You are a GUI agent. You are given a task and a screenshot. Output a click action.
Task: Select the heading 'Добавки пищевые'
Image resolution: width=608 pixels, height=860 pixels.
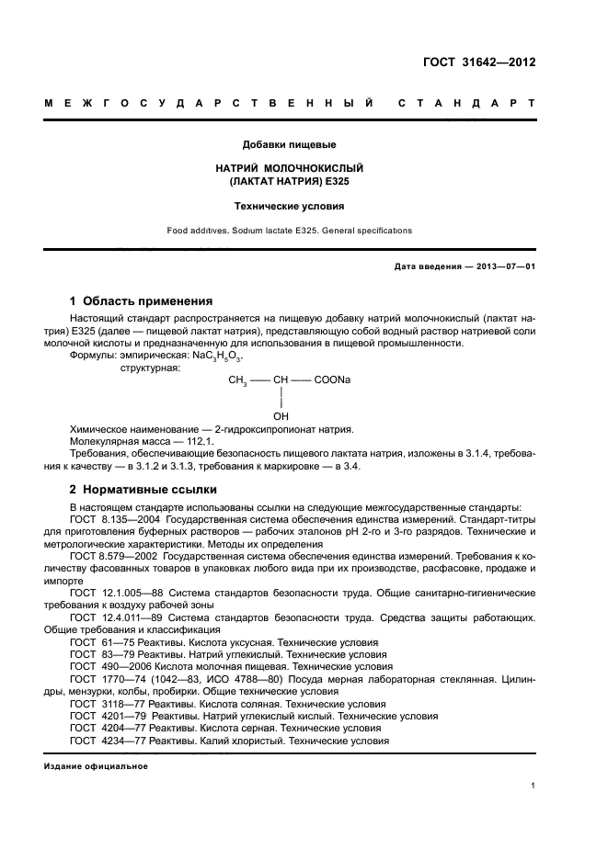(289, 144)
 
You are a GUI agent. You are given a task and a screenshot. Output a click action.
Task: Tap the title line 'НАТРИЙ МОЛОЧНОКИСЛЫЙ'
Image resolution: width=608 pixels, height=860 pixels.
(289, 169)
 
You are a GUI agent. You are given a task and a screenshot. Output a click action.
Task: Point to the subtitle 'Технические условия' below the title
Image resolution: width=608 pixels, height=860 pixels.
(289, 207)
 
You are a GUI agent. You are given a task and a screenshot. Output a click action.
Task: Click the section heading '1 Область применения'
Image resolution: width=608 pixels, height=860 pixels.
(142, 300)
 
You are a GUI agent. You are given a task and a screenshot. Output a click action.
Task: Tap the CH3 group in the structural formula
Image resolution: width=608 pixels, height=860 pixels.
(237, 379)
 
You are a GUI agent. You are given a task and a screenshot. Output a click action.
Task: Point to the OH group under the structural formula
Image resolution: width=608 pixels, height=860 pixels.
(281, 415)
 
